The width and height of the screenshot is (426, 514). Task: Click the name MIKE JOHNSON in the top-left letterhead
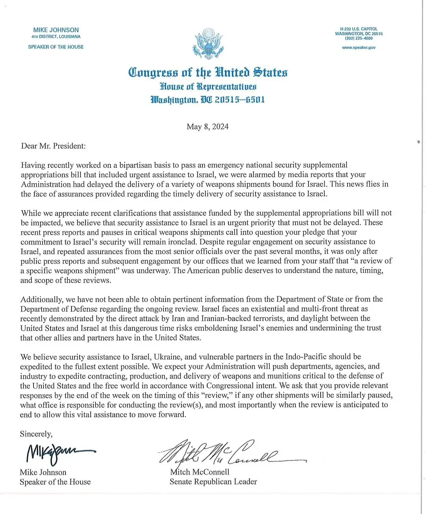coord(56,30)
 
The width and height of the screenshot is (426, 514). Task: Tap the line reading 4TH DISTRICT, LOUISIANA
coord(56,37)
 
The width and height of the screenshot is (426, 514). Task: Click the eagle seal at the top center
coord(208,43)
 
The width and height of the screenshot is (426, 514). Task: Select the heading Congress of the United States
coord(208,72)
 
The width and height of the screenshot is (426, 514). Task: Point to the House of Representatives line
coord(208,86)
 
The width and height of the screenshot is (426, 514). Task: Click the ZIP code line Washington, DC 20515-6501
coord(208,100)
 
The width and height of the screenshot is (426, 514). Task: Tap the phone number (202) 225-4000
coord(359,39)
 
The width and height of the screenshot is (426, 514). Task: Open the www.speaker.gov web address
coord(359,48)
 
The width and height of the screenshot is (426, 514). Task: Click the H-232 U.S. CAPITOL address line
coord(359,29)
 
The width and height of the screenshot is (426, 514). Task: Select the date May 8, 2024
coord(207,126)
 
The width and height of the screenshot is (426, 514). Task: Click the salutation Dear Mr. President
coord(53,146)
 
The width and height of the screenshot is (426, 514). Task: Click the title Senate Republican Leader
coord(213,482)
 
